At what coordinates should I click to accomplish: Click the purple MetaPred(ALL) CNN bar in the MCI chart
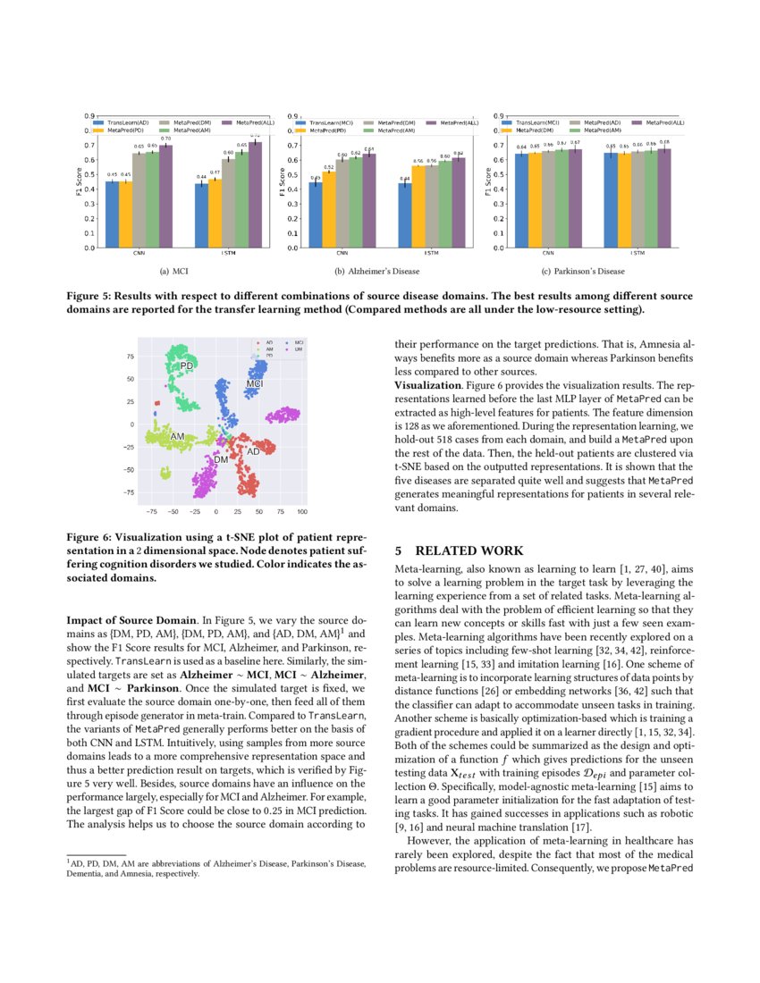[165, 197]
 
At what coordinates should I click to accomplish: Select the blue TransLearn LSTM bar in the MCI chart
[202, 215]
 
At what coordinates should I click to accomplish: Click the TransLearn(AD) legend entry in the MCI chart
[124, 122]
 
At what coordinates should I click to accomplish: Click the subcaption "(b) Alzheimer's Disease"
[376, 271]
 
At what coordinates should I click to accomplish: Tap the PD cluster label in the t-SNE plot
[187, 366]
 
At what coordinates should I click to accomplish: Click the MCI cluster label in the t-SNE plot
[255, 383]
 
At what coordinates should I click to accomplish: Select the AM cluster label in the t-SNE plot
[177, 436]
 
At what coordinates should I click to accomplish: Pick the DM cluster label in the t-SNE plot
[221, 458]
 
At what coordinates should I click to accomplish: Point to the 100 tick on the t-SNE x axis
[302, 512]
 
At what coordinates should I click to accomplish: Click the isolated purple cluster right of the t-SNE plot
[283, 415]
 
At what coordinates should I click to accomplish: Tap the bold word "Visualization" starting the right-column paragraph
[426, 383]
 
